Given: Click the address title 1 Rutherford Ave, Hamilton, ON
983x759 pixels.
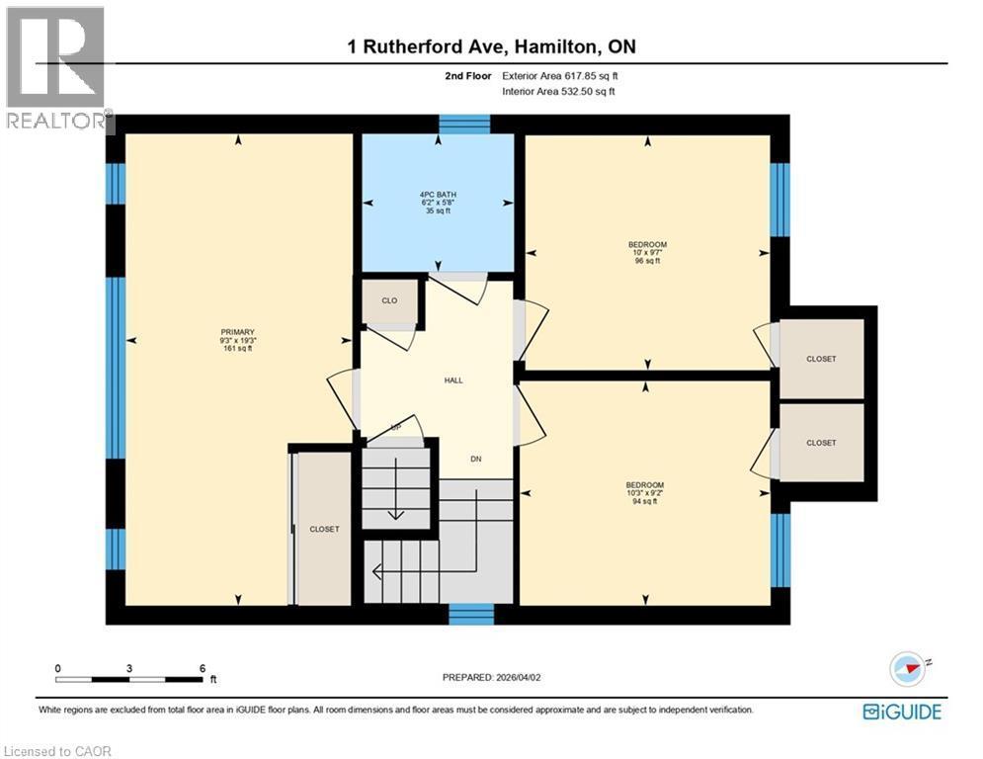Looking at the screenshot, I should point(491,47).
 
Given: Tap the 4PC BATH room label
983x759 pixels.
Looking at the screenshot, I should point(437,194).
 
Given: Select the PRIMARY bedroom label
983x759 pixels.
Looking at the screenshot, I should point(238,332).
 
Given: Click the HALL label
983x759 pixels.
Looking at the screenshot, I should point(453,379).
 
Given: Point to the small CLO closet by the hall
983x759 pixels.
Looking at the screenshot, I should point(389,301).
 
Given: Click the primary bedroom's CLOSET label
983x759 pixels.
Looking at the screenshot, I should point(324,529).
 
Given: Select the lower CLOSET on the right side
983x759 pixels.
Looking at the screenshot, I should point(821,443).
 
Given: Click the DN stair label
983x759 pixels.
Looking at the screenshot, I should point(475,459).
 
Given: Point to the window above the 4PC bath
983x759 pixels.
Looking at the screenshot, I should point(464,124).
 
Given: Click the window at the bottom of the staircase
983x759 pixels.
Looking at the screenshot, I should point(471,614).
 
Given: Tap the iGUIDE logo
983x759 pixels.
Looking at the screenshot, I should point(901,711).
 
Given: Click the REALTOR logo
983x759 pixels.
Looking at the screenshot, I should point(57,69).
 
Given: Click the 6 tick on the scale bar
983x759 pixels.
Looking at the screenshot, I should point(202,669).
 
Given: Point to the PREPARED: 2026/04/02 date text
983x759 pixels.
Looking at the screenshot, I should point(491,677).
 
